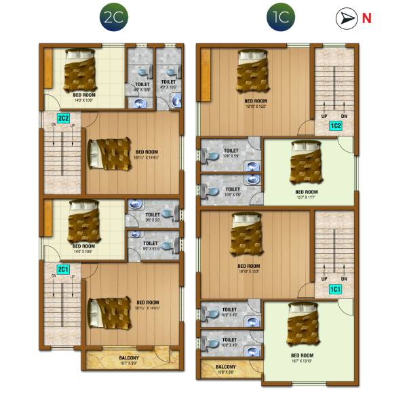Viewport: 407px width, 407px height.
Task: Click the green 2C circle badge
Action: (111, 18)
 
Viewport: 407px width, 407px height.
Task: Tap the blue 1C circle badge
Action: (279, 18)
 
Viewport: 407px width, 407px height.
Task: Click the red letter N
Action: (366, 18)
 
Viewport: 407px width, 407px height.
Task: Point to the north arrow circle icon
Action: (347, 18)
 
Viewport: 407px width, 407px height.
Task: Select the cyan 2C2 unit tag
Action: (63, 119)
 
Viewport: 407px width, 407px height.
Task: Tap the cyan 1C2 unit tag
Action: (335, 125)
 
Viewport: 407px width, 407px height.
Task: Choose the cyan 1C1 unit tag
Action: (335, 289)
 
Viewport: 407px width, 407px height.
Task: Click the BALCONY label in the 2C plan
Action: (129, 357)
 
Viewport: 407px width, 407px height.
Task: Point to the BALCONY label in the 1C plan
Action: (225, 366)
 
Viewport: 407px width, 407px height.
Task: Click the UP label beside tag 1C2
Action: (324, 116)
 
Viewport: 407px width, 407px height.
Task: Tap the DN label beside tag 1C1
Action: (344, 279)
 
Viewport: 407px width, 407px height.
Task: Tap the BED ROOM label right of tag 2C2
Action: (147, 151)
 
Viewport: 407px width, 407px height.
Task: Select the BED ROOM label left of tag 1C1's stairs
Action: (248, 266)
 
